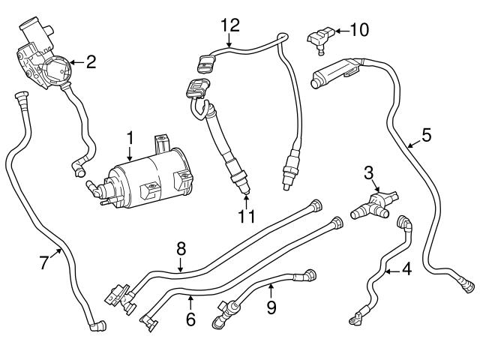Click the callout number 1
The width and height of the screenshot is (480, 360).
(130, 138)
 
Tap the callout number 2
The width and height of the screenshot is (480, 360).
(91, 61)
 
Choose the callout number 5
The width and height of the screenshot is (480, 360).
(426, 136)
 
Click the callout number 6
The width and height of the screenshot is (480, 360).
(190, 319)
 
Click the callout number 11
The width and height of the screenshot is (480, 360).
(247, 217)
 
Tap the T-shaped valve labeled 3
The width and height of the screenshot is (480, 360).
(371, 202)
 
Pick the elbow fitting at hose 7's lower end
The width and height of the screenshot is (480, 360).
(96, 325)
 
